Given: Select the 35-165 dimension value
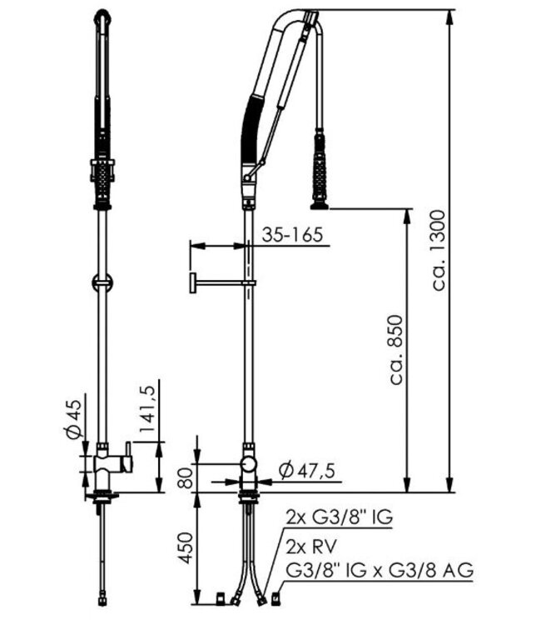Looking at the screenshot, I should [x=291, y=235].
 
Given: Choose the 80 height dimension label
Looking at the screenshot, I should [x=188, y=477].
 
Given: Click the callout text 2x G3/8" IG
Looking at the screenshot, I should [x=339, y=518].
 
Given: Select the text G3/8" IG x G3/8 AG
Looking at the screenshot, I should [x=380, y=571].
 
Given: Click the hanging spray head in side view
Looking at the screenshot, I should [x=320, y=171].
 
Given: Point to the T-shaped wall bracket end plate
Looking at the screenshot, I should [x=191, y=283].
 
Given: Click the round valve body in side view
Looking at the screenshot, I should [x=248, y=464].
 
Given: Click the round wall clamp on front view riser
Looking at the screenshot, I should [x=101, y=282].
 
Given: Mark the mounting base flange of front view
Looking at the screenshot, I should [x=102, y=498].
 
